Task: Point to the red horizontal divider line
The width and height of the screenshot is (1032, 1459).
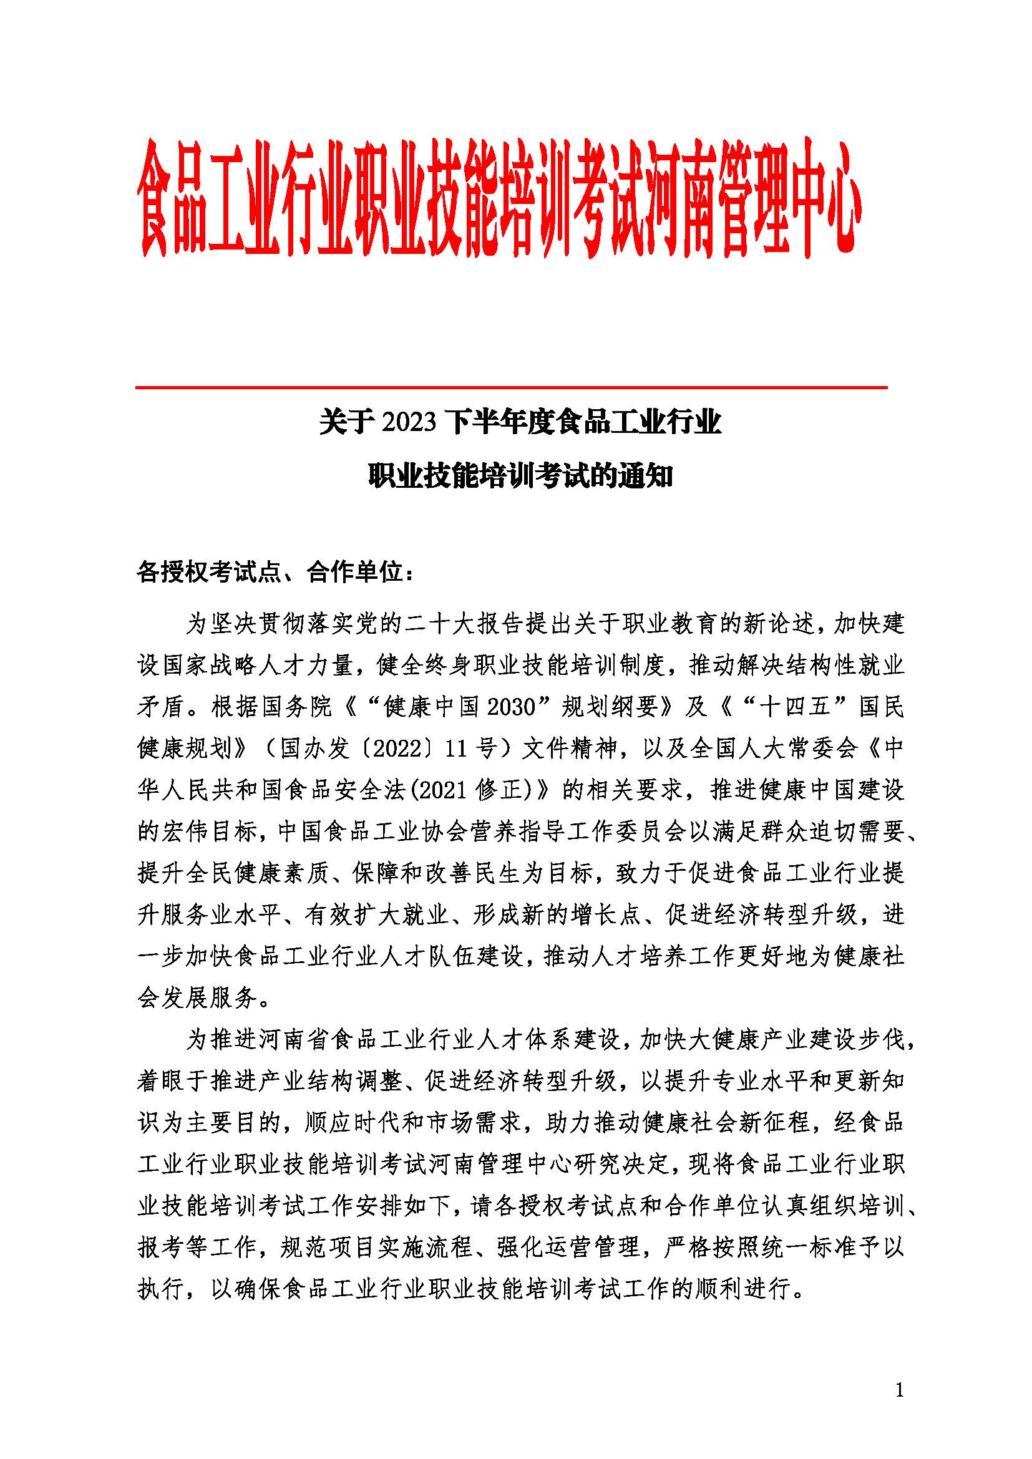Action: [512, 387]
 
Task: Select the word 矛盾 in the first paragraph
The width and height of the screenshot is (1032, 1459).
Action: [161, 707]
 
